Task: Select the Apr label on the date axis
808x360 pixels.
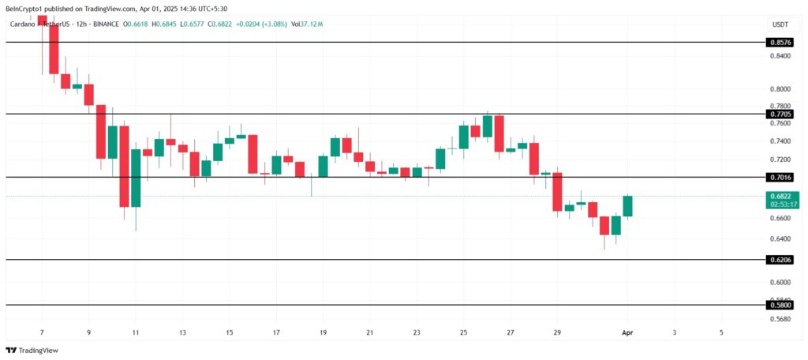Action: [x=627, y=333]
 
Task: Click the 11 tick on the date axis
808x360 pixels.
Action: [x=136, y=333]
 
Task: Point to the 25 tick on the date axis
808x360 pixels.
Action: [x=463, y=333]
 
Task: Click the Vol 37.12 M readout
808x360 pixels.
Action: [x=307, y=24]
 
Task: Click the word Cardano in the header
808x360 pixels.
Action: [x=24, y=24]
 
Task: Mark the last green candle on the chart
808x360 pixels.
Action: [x=628, y=206]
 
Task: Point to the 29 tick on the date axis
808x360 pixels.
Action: [x=557, y=333]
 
